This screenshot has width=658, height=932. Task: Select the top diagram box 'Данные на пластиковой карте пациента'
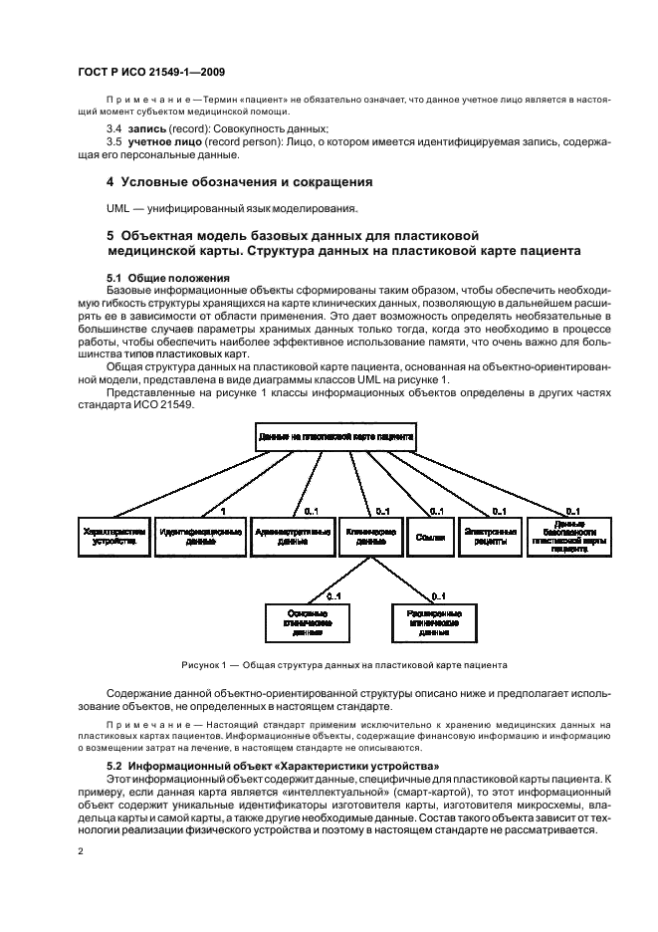pos(335,437)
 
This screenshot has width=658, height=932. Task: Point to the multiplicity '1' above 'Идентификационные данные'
pos(223,511)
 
